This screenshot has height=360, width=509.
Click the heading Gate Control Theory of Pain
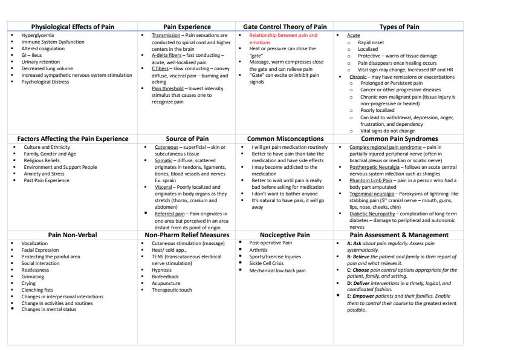[284, 27]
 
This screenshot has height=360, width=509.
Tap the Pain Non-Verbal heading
[73, 234]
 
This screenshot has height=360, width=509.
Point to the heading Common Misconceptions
[284, 139]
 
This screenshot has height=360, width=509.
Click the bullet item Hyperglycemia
[35, 36]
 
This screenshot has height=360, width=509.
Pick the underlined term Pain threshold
[166, 88]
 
